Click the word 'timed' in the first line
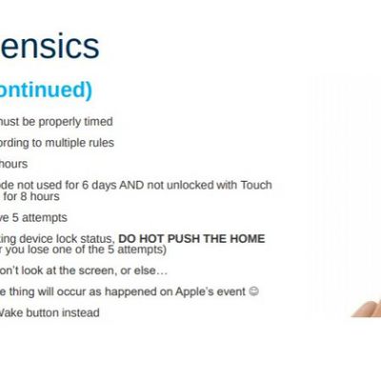98,122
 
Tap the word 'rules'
102,143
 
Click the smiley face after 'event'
253,291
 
